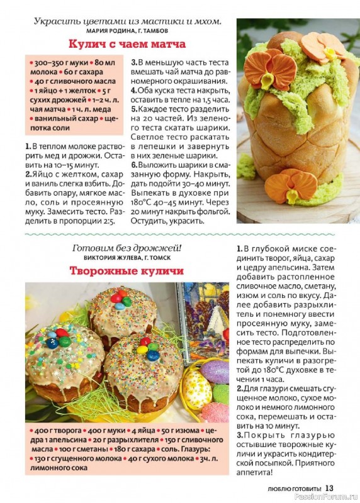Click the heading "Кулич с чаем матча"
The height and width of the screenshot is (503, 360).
tap(127, 45)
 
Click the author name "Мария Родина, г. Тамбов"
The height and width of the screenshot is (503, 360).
tap(127, 30)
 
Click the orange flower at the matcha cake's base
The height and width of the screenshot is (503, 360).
tap(291, 185)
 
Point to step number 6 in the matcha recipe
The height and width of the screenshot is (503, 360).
tap(133, 165)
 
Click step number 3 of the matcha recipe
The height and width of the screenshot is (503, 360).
tap(133, 62)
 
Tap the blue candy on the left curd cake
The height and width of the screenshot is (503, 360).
tap(53, 343)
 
